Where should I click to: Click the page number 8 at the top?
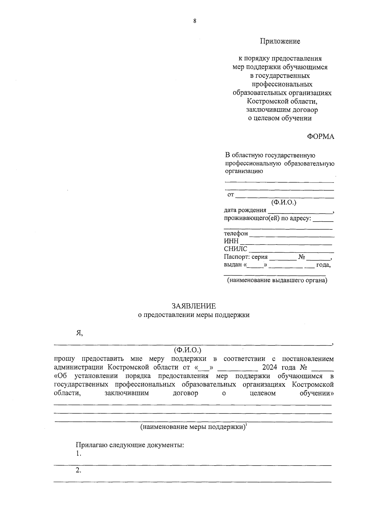coord(195,21)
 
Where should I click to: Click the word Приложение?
coord(280,41)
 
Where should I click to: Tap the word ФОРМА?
coord(321,137)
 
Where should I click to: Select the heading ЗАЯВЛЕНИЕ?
coord(194,306)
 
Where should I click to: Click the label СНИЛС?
coord(236,249)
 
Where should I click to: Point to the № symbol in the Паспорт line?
coord(302,257)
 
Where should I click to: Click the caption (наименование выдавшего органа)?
coord(277,281)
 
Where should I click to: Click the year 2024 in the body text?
coord(270,367)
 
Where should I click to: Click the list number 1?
coord(78,454)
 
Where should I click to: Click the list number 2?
coord(78,471)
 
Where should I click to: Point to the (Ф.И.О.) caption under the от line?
coord(284,203)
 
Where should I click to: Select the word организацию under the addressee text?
coord(244,171)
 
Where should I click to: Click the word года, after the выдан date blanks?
coord(323,265)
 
